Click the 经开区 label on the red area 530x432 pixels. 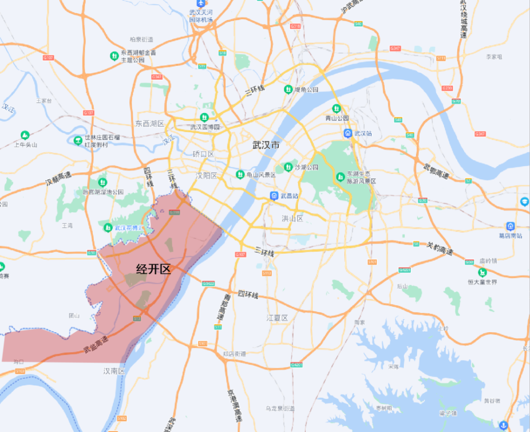pos(154,269)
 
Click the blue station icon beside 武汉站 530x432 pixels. pos(348,133)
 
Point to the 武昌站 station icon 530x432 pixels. pos(273,195)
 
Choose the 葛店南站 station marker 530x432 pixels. pos(510,226)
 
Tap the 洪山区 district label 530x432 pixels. pos(292,218)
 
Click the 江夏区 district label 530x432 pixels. pos(277,318)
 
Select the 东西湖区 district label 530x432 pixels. pos(149,123)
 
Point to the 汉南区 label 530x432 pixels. pos(114,371)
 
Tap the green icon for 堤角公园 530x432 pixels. pos(288,89)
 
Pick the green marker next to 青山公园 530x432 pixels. pos(335,108)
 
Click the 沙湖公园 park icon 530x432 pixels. pos(288,167)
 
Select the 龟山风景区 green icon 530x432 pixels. pos(240,174)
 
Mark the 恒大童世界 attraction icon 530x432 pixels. pos(481,272)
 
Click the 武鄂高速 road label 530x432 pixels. pos(436,170)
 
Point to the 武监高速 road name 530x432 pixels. pos(95,345)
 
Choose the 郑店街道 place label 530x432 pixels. pos(234,353)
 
